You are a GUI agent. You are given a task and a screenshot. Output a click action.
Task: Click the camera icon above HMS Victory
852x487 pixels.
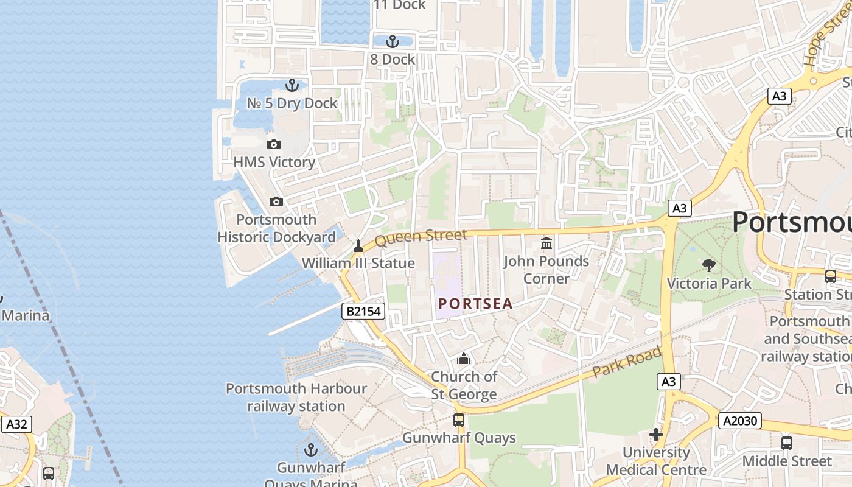tap(274, 144)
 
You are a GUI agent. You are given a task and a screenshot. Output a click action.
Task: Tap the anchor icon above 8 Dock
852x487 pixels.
tap(393, 41)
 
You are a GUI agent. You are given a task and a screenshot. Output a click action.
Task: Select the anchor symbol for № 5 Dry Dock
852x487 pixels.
tap(292, 85)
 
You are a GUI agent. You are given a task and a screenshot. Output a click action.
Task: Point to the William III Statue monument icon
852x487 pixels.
tap(358, 246)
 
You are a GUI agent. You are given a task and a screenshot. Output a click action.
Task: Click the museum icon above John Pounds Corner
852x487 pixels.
tap(546, 243)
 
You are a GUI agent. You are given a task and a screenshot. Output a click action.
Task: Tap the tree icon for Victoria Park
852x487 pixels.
tap(708, 265)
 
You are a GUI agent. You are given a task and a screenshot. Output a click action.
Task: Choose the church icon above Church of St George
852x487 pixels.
tap(464, 359)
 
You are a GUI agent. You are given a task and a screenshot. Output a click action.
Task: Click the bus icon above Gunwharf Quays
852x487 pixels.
tap(458, 420)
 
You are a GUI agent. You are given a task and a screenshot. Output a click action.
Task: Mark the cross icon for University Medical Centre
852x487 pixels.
tap(655, 435)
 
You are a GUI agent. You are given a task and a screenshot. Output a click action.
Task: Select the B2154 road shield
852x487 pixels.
tap(363, 312)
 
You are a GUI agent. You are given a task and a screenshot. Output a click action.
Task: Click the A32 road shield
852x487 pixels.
tap(16, 424)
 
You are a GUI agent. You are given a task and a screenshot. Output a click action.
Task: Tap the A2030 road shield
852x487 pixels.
tap(739, 421)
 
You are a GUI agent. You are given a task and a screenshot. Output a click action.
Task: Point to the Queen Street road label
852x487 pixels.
tap(421, 237)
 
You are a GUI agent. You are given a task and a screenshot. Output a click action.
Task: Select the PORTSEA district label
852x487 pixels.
tap(475, 303)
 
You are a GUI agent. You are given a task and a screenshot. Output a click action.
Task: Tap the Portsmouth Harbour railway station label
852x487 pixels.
tap(296, 397)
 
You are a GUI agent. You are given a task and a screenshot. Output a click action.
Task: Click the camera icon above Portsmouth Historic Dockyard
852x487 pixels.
tap(276, 201)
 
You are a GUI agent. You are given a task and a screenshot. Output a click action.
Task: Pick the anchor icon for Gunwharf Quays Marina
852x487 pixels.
tap(311, 450)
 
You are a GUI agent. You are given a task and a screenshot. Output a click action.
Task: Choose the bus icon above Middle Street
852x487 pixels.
tap(786, 443)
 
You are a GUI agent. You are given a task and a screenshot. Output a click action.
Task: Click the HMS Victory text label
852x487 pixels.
tap(274, 162)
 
